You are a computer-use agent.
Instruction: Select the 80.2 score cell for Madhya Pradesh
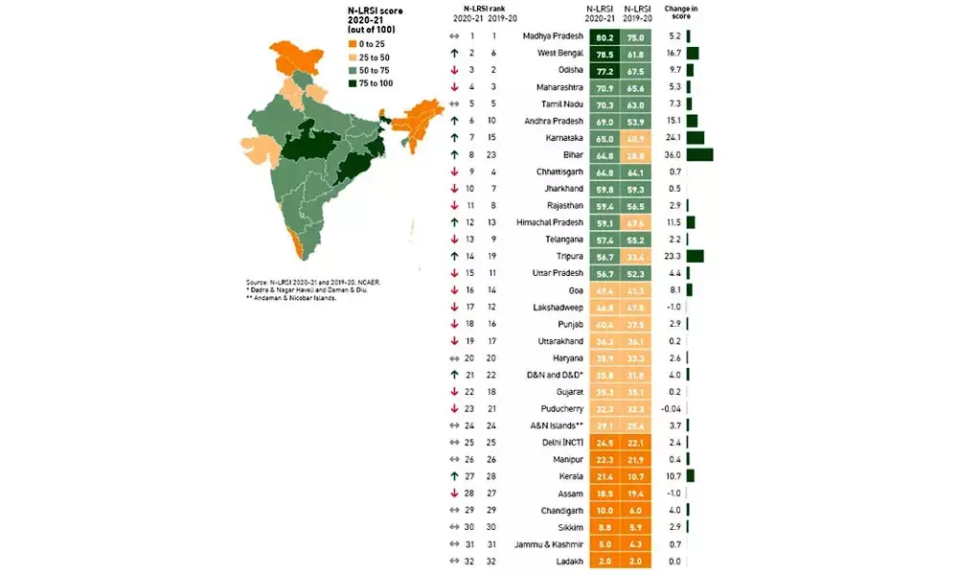[603, 36]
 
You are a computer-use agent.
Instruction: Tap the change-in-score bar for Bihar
[699, 154]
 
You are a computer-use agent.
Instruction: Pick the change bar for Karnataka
[695, 138]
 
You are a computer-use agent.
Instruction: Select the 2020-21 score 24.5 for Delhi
[603, 443]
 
